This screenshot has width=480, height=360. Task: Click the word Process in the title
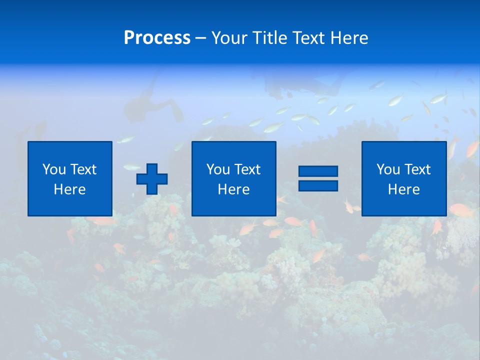tap(157, 38)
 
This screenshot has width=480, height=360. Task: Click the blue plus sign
tap(152, 179)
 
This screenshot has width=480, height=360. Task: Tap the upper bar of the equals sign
tap(318, 171)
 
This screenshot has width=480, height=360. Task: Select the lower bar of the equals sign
tap(318, 185)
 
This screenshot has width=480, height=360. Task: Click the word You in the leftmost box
tap(54, 169)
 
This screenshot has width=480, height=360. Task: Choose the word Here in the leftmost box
tap(69, 189)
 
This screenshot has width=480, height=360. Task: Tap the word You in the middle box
tap(218, 169)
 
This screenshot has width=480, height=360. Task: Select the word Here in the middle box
tap(233, 189)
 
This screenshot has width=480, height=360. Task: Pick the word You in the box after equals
tap(388, 169)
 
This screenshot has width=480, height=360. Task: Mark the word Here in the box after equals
tap(403, 189)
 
